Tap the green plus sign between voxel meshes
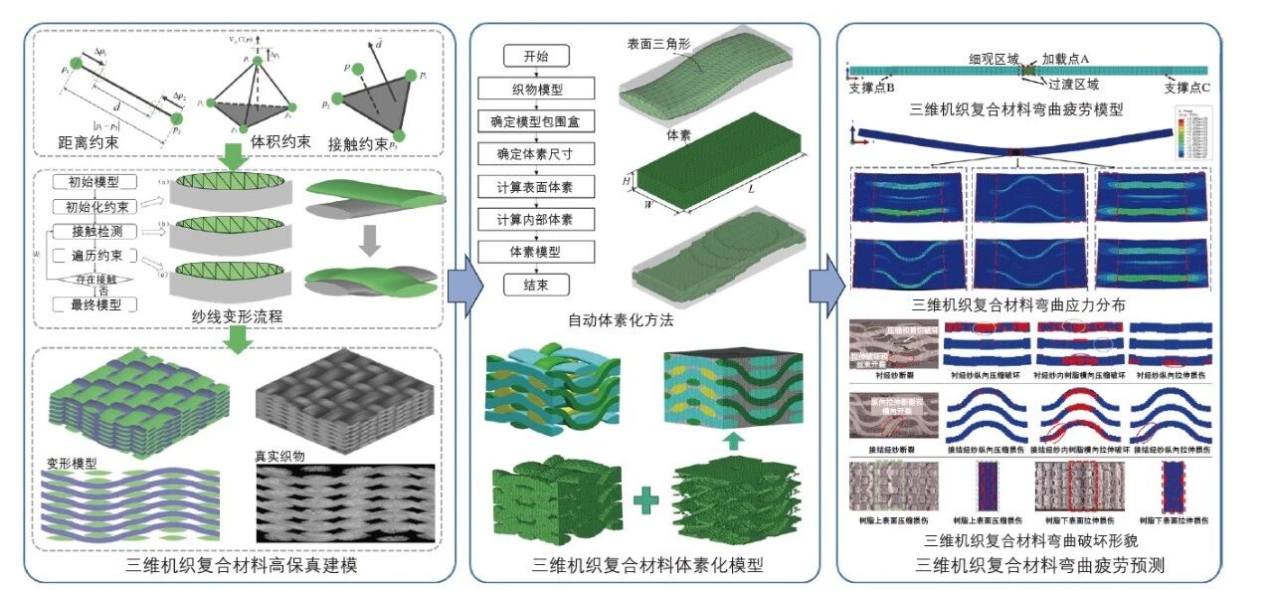648,502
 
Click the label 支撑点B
872,88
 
